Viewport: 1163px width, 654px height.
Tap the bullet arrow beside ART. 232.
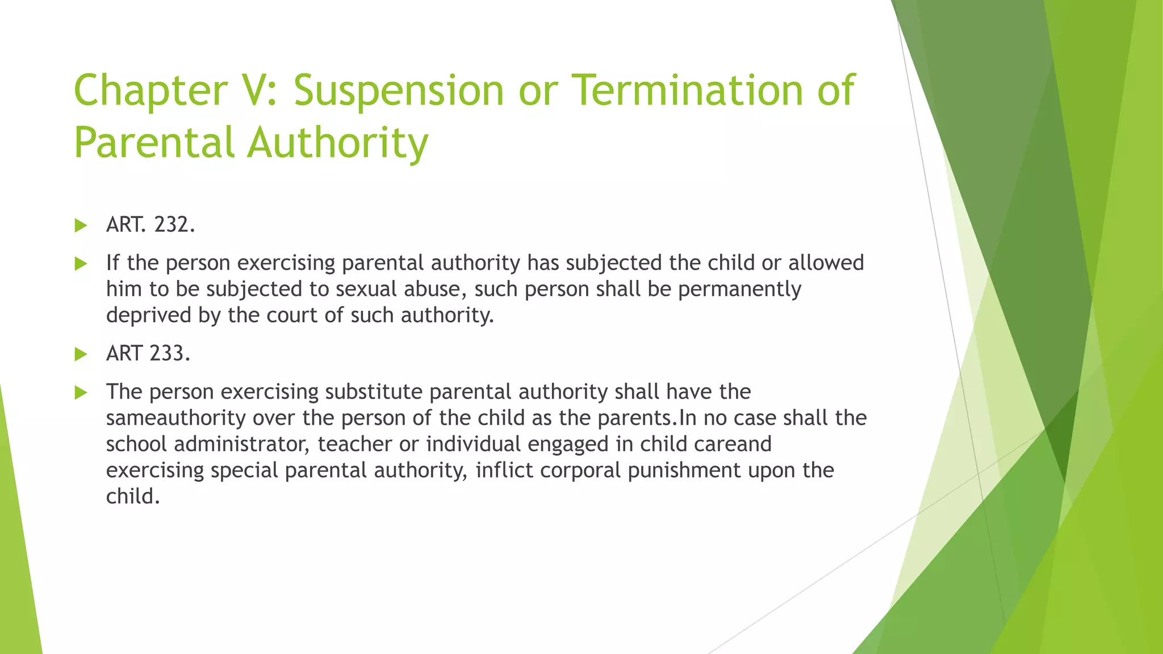coord(81,226)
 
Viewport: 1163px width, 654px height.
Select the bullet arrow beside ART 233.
coord(81,354)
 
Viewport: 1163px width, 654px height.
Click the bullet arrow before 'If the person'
coord(81,263)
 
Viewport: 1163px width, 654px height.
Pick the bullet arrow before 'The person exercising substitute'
coord(81,392)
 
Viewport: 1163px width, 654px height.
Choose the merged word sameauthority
coord(175,418)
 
